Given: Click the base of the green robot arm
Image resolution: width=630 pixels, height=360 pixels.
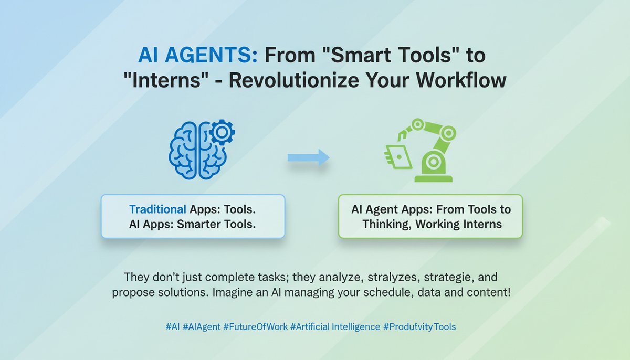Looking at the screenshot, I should [x=433, y=174].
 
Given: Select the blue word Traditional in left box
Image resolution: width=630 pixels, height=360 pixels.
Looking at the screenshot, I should [x=157, y=209].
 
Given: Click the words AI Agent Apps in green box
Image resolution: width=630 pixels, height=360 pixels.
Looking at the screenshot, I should [x=388, y=209].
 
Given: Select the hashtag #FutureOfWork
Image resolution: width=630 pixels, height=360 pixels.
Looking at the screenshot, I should [x=255, y=326].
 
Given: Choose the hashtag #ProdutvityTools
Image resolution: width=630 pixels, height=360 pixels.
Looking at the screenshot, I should [x=420, y=326].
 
